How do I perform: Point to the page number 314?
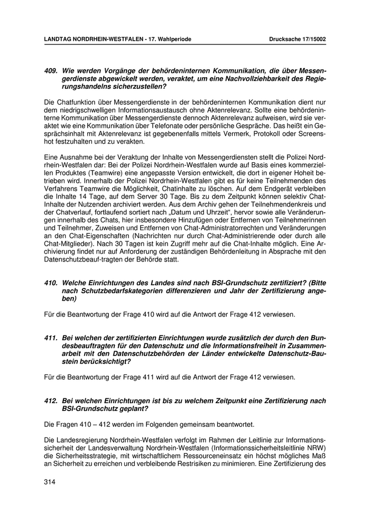pos(50,482)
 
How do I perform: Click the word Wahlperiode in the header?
pos(174,39)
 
